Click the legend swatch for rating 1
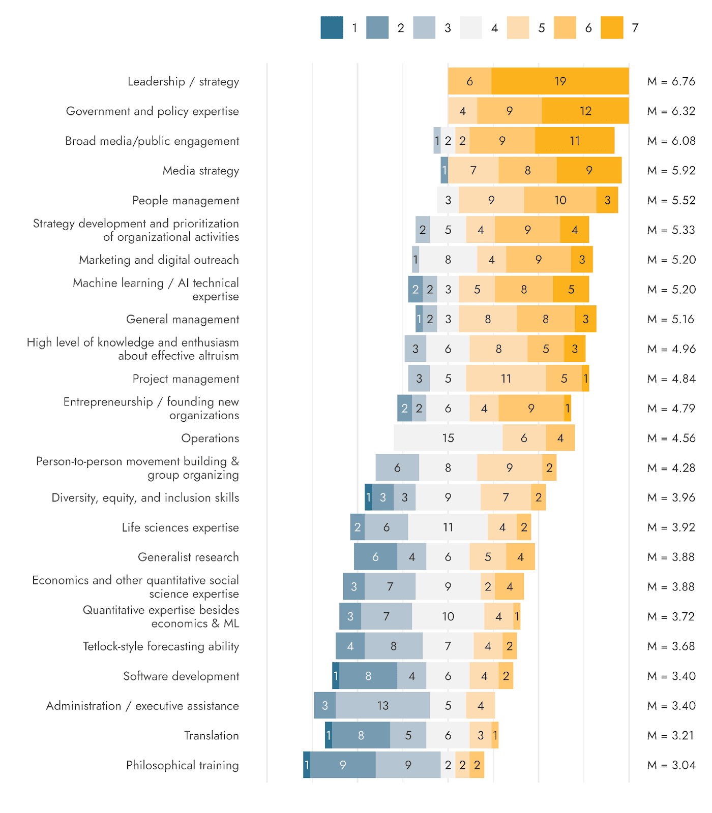[332, 28]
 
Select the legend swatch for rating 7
[612, 28]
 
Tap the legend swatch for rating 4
[471, 28]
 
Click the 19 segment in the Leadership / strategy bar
[560, 81]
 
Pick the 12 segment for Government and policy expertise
[585, 111]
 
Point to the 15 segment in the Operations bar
[448, 438]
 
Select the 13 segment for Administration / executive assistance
[382, 705]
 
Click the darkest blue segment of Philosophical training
[307, 765]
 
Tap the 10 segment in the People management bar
[560, 200]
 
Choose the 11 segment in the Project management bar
[506, 379]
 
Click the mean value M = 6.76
[671, 81]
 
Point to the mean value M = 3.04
[671, 765]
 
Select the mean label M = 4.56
[671, 438]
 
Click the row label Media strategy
[200, 171]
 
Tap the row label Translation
[211, 735]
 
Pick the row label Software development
[181, 676]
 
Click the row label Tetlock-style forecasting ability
[161, 646]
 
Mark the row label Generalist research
[188, 557]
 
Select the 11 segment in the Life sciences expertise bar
[448, 527]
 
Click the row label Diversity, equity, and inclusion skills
[145, 497]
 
